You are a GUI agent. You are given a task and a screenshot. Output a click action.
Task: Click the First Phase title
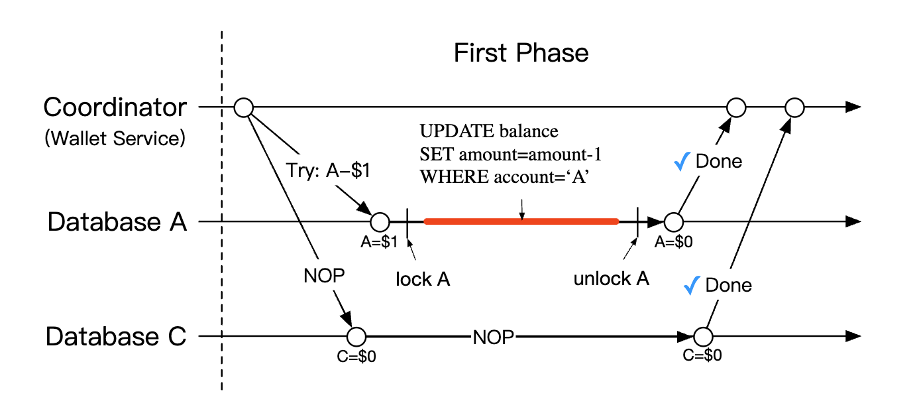coord(521,53)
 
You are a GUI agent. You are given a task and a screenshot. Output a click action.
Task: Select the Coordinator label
coord(115,107)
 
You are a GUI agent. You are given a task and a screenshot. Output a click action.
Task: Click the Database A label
coord(117,222)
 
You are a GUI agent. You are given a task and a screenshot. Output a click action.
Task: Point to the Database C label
coord(117,337)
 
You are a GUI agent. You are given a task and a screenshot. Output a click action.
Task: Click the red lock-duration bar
coord(521,221)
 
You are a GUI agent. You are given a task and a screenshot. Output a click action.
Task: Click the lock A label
coord(422,279)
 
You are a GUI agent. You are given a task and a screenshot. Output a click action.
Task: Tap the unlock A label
coord(611,279)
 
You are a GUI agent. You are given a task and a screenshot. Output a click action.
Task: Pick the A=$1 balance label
coord(379,242)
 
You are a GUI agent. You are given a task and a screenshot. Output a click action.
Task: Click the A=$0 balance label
coord(673,242)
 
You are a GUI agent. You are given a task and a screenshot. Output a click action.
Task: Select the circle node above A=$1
coord(380,221)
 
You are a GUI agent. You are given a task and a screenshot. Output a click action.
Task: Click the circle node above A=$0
coord(673,221)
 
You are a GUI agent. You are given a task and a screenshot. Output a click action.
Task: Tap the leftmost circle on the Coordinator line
coord(244,107)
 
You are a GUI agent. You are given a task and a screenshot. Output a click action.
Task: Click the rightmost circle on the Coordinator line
coord(794,107)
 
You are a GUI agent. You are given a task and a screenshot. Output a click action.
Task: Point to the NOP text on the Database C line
coord(493,337)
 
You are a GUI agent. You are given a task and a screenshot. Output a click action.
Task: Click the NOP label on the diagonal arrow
coord(324,276)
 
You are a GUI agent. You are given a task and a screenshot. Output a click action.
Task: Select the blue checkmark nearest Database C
coord(692,285)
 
